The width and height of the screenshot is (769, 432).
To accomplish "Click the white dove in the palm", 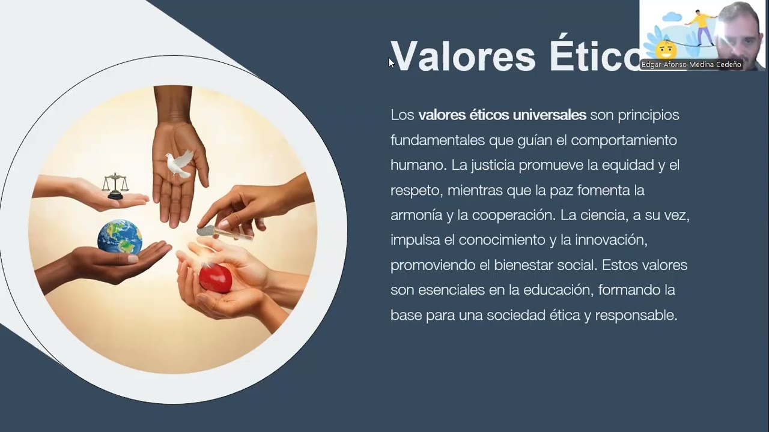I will point(179,163).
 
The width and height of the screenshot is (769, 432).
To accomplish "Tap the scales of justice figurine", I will point(115,186).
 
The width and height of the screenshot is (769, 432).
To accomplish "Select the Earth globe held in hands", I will point(120,237).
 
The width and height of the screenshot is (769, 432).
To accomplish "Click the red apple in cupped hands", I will point(216,278).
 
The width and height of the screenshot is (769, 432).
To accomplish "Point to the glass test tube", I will point(224,233).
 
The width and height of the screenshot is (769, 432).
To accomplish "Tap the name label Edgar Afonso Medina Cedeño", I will point(691,65).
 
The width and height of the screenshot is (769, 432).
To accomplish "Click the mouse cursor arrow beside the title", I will point(391,62).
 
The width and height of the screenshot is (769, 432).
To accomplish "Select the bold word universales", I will point(549,115).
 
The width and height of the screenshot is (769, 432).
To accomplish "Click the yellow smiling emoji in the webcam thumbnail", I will point(666,49).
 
